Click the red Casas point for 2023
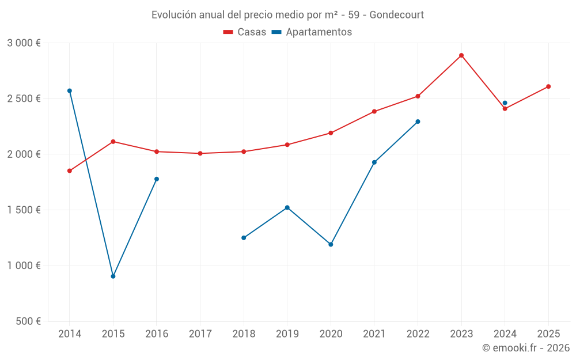pos(461,55)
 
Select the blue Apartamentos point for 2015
pos(113,276)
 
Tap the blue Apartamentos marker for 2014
pos(70,91)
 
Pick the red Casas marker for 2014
pos(70,171)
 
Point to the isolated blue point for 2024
pos(505,103)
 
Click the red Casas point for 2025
pos(548,86)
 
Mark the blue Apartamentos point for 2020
pos(331,245)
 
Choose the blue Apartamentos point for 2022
pos(418,122)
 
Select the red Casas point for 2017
pos(200,154)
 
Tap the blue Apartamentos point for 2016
pos(157,179)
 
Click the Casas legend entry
pos(245,32)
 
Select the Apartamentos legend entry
pos(312,32)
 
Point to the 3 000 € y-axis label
pos(24,43)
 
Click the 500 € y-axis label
pos(28,321)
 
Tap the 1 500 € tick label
pos(24,210)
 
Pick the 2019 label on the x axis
pos(287,334)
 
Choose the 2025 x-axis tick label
pos(548,334)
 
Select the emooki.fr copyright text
pos(525,348)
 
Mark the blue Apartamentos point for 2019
pos(287,207)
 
